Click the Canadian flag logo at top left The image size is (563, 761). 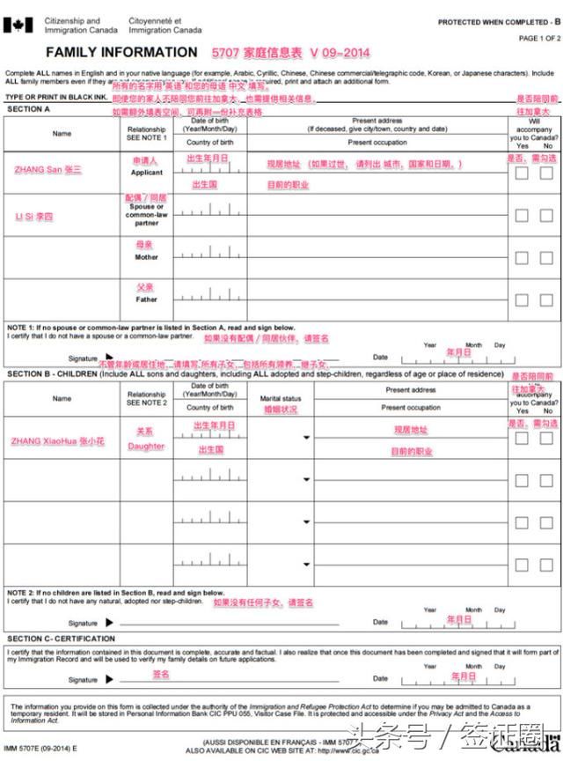pyautogui.click(x=17, y=25)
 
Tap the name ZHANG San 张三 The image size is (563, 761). pyautogui.click(x=48, y=169)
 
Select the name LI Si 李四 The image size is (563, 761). pyautogui.click(x=34, y=216)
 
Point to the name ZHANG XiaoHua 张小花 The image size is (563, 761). pyautogui.click(x=58, y=440)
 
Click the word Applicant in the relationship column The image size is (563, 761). pyautogui.click(x=147, y=173)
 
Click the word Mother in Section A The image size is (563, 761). pyautogui.click(x=147, y=257)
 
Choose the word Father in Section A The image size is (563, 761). pyautogui.click(x=147, y=299)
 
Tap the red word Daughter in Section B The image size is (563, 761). pyautogui.click(x=145, y=447)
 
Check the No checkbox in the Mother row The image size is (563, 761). pyautogui.click(x=546, y=258)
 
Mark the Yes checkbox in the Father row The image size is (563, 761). pyautogui.click(x=522, y=300)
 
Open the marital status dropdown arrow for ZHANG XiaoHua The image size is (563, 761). pyautogui.click(x=305, y=438)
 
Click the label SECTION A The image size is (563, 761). pyautogui.click(x=29, y=109)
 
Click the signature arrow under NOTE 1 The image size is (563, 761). pyautogui.click(x=109, y=358)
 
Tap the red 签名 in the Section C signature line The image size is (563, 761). pyautogui.click(x=160, y=675)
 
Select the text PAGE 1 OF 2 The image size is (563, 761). pyautogui.click(x=538, y=39)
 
